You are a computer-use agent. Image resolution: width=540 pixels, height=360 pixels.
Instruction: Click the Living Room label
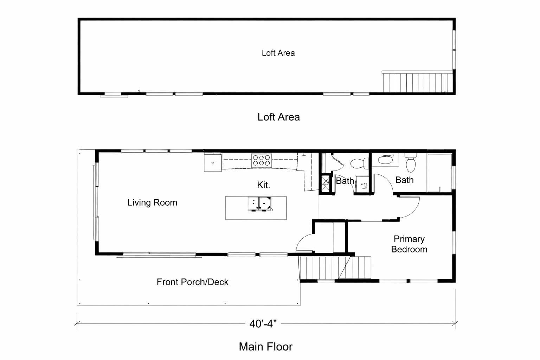152,202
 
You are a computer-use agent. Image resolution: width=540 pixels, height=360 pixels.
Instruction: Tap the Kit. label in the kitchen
263,185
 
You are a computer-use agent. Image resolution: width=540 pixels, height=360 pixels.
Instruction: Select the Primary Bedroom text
409,244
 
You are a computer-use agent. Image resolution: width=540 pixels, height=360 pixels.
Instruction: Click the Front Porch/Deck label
192,282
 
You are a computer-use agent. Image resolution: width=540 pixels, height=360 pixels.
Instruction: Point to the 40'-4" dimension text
263,323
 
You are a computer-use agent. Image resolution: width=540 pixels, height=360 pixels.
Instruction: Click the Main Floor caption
265,347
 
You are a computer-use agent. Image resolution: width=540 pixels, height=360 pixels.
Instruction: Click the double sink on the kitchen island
259,204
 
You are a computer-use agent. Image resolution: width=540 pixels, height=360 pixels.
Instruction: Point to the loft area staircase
417,82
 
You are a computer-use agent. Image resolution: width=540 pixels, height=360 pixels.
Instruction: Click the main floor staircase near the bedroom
335,268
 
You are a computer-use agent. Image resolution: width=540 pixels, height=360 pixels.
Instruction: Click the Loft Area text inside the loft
278,53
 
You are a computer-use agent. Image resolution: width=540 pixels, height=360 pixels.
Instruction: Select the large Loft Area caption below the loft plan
278,117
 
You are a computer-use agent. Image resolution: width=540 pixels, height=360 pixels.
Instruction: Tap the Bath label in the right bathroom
404,180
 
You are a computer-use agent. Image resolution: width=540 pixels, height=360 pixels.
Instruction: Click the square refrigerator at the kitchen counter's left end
213,163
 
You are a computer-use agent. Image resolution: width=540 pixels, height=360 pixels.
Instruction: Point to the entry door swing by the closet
305,242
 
